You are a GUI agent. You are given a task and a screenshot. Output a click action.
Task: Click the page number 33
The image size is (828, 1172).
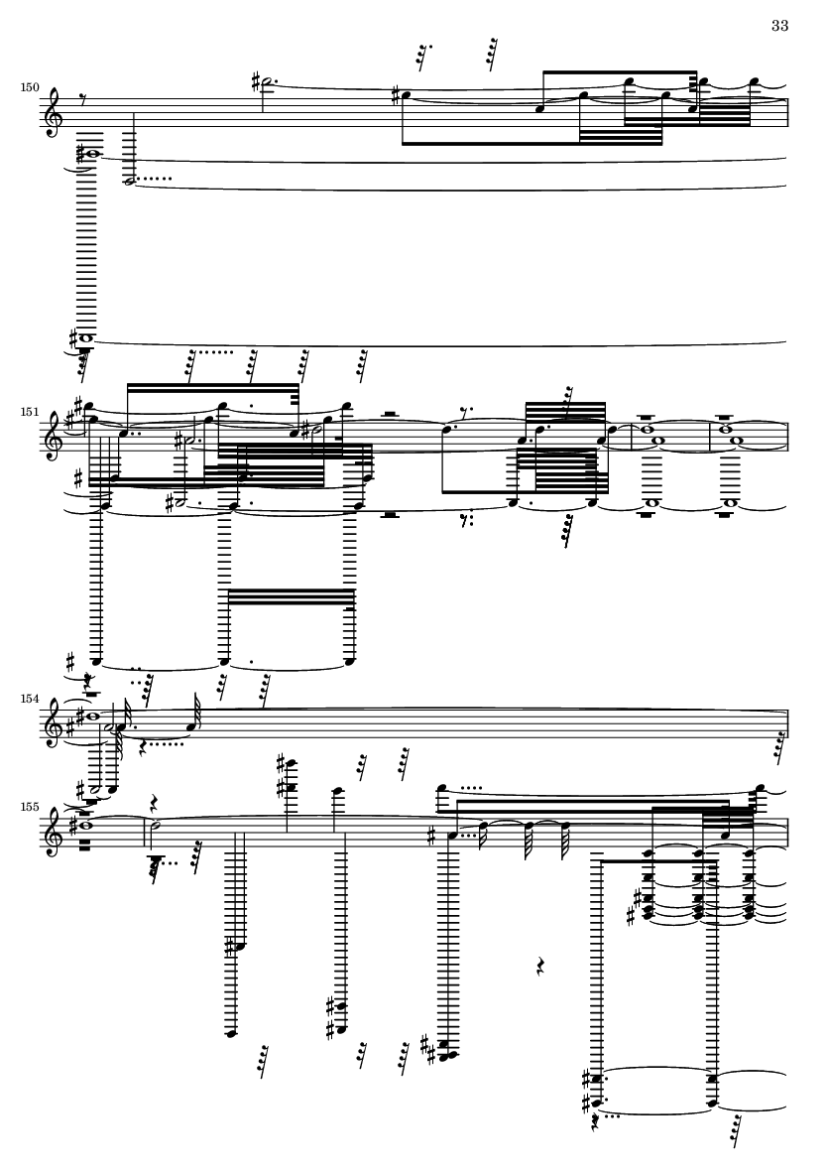[x=779, y=26]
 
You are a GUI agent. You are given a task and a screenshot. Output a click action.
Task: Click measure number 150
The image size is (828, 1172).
[x=30, y=87]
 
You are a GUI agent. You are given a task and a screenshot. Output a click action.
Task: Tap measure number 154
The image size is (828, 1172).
[x=30, y=698]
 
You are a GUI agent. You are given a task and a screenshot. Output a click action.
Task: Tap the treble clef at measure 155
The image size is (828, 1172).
[x=55, y=835]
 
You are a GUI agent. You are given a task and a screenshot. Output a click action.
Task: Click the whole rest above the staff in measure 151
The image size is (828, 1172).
[x=389, y=414]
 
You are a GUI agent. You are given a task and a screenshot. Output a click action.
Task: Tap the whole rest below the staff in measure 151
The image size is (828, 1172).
[x=389, y=514]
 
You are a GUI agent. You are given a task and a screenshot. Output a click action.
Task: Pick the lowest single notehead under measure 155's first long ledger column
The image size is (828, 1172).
[x=232, y=1034]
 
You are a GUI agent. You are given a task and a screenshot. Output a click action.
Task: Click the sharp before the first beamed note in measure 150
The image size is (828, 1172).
[x=397, y=94]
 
